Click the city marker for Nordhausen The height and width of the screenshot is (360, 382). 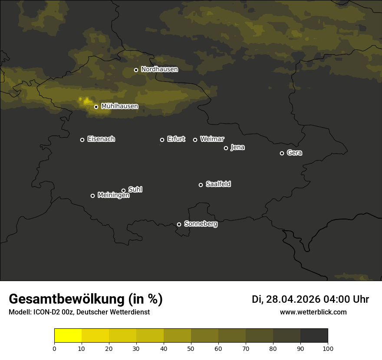coord(136,70)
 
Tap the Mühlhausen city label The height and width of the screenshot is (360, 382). coord(119,106)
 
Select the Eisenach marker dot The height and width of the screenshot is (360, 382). coord(82,140)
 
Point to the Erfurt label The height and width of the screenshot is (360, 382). coord(176,139)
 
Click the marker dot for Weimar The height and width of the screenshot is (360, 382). coord(195,140)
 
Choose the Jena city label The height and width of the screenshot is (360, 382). coord(237,147)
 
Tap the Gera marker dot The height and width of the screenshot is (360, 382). coord(282,153)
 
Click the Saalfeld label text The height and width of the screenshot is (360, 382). coord(218,184)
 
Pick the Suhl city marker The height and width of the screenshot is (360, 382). coord(123,190)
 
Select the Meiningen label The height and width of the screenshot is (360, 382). coord(113,196)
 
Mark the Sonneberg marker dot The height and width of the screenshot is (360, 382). coord(179,224)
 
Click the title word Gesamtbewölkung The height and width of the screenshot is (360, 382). coord(66,299)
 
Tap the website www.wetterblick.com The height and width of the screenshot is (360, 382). coord(313,312)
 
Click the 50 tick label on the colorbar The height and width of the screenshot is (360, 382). coord(191,348)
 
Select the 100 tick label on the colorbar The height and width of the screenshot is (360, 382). coord(328,348)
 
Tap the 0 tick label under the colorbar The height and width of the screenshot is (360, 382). coord(54,348)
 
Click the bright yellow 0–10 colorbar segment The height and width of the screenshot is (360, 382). coord(68,336)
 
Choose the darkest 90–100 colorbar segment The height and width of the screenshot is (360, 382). coord(314,336)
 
